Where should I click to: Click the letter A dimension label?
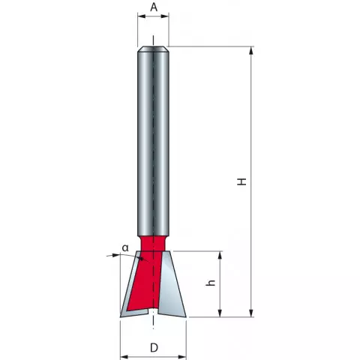pos(154,7)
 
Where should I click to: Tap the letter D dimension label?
pos(154,348)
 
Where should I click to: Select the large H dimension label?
pos(241,181)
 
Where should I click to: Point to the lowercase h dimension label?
pos(211,283)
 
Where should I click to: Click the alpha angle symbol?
pos(125,248)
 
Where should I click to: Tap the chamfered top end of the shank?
pos(153,49)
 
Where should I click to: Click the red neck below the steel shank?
pos(153,243)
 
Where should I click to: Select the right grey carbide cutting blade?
pos(172,284)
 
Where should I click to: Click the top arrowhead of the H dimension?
pos(251,50)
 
